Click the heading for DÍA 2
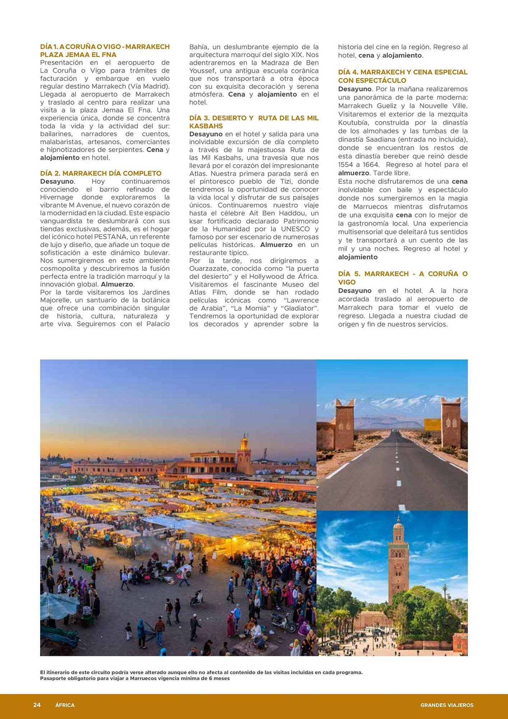click(101, 173)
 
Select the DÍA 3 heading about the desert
click(254, 122)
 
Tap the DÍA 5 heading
click(402, 278)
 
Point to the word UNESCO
click(295, 229)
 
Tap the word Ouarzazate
click(208, 269)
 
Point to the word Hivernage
click(56, 197)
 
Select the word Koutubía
click(354, 123)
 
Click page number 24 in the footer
click(37, 705)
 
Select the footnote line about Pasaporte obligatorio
click(135, 678)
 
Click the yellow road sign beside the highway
click(432, 425)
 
